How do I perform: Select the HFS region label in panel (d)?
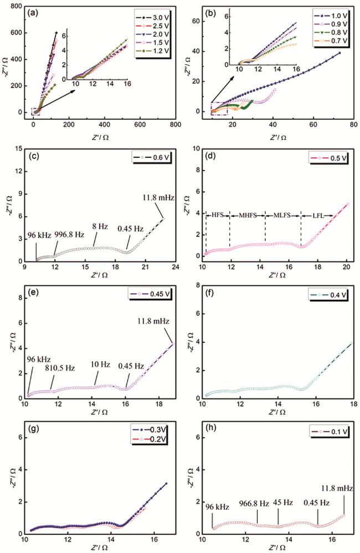click(218, 214)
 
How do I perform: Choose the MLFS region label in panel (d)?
click(283, 214)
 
